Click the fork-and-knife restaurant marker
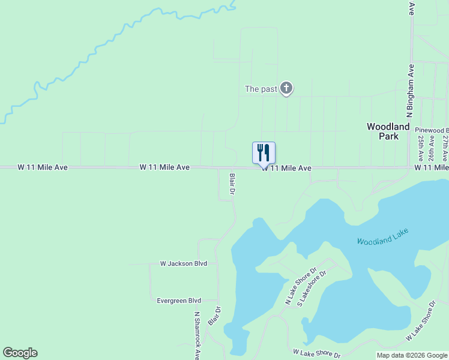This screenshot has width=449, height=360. click(264, 153)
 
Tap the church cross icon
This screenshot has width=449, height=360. click(286, 89)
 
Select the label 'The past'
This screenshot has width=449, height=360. click(261, 89)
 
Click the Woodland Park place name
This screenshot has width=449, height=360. click(388, 131)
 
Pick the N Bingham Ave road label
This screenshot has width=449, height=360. click(411, 90)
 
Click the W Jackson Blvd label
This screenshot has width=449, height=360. click(183, 263)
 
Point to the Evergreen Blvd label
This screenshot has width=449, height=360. click(178, 301)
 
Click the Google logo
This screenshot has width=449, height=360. click(20, 353)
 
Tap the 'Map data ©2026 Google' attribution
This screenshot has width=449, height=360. click(412, 355)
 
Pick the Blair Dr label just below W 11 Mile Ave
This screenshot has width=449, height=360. click(232, 184)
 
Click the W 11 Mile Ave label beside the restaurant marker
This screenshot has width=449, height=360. click(286, 169)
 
